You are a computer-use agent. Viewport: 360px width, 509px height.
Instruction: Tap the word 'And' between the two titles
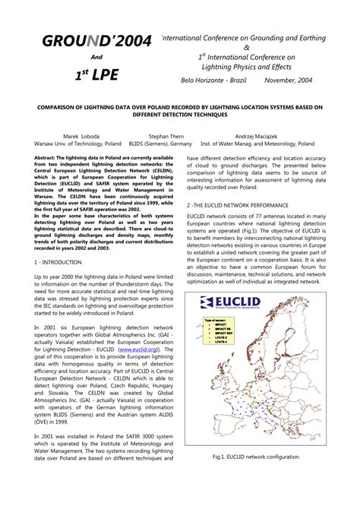click(96, 58)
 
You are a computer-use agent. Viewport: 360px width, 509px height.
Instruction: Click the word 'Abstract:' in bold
click(49, 157)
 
